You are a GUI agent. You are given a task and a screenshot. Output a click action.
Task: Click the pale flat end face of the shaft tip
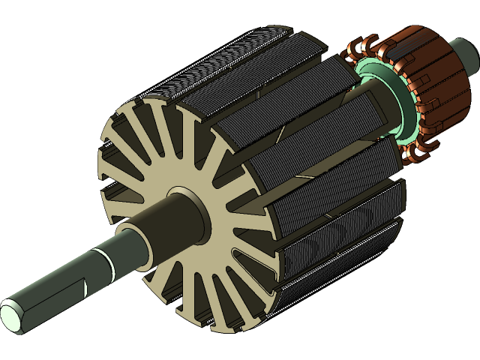pyautogui.click(x=13, y=314)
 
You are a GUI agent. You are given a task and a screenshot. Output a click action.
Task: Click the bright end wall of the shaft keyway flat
pyautogui.click(x=89, y=287)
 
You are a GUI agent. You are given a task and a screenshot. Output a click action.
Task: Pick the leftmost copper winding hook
pyautogui.click(x=347, y=56)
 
